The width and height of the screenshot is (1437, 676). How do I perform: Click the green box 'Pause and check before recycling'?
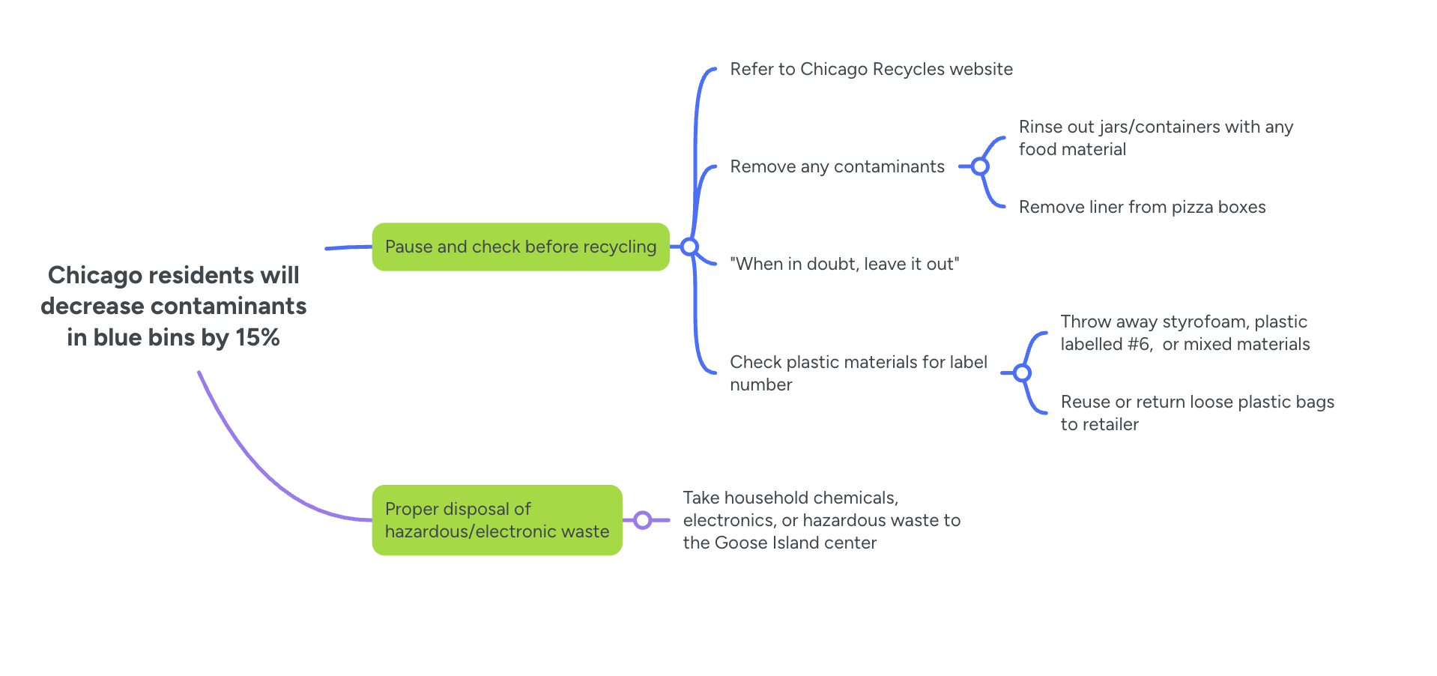pyautogui.click(x=520, y=247)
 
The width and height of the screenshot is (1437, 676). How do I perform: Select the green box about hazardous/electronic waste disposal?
pyautogui.click(x=497, y=520)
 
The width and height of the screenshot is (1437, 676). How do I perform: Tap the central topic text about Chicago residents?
pyautogui.click(x=173, y=306)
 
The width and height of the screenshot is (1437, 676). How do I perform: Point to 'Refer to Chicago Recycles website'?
pyautogui.click(x=871, y=69)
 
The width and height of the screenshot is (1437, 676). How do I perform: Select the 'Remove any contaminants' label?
pyautogui.click(x=837, y=166)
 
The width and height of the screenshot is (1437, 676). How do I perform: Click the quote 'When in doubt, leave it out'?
pyautogui.click(x=844, y=264)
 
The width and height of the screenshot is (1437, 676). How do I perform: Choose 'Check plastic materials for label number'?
pyautogui.click(x=858, y=373)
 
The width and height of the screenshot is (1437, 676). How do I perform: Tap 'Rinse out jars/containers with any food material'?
pyautogui.click(x=1155, y=138)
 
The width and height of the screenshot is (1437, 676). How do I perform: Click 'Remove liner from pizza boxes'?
pyautogui.click(x=1142, y=207)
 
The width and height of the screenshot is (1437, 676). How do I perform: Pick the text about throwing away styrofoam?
pyautogui.click(x=1185, y=333)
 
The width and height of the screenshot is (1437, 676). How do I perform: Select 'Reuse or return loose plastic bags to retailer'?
pyautogui.click(x=1197, y=413)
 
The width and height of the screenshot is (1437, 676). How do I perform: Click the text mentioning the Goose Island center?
pyautogui.click(x=821, y=520)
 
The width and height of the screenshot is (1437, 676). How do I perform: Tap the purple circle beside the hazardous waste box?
pyautogui.click(x=642, y=520)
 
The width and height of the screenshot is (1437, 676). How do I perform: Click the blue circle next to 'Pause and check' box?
pyautogui.click(x=689, y=247)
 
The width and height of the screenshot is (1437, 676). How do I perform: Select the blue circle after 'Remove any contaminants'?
pyautogui.click(x=979, y=166)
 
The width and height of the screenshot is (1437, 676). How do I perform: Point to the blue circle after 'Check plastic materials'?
pyautogui.click(x=1022, y=373)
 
